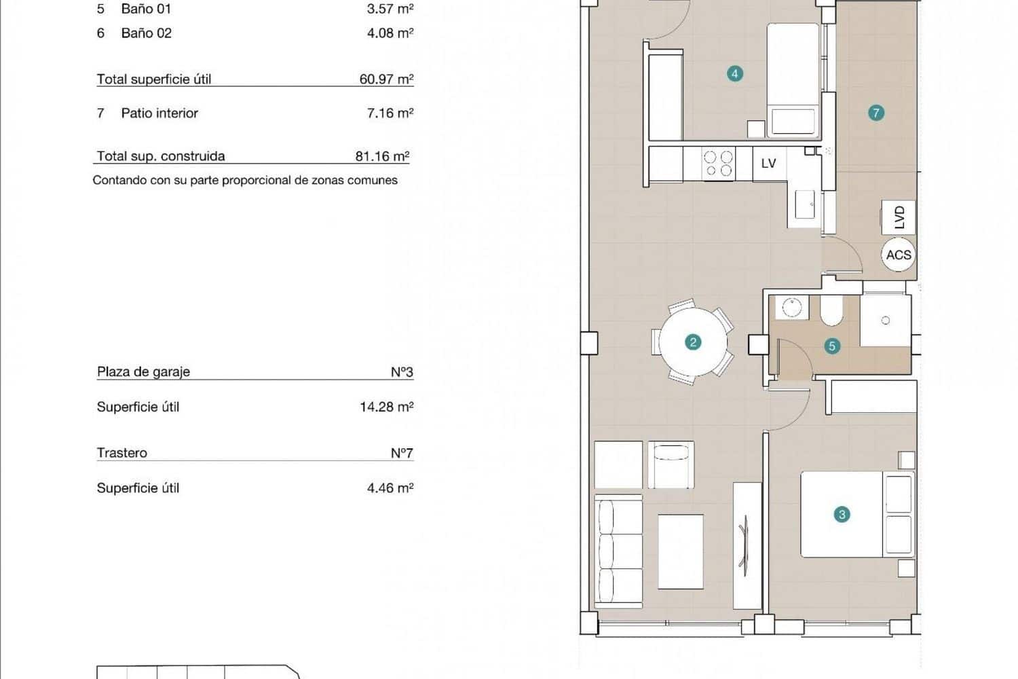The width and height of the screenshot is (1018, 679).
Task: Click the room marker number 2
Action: [x=693, y=342]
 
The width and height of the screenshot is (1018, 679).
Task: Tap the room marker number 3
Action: [x=842, y=515]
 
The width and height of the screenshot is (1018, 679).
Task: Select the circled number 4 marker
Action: [x=734, y=73]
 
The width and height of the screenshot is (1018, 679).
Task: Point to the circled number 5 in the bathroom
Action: [x=832, y=346]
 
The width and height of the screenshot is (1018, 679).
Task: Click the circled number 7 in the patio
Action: [x=876, y=113]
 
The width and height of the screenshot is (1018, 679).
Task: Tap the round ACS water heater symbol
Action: [x=899, y=255]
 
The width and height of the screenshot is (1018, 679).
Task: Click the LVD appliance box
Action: [x=899, y=217]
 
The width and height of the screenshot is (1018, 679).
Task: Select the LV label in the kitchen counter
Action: [x=768, y=164]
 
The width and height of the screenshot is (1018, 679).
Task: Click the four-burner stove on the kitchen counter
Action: [x=718, y=164]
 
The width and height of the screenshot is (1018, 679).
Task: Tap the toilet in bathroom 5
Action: [x=831, y=312]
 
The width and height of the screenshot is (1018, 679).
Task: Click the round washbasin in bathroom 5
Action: [x=791, y=308]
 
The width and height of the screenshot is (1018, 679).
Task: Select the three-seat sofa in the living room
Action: [x=618, y=552]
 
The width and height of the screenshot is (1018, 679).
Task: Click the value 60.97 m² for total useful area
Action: [x=386, y=79]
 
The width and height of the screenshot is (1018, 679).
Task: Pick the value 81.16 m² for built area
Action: [x=382, y=156]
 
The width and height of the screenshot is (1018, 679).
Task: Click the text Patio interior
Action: [x=159, y=113]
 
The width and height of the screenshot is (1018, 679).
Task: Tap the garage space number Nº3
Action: [x=402, y=372]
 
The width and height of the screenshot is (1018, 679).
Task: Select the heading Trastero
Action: [x=122, y=453]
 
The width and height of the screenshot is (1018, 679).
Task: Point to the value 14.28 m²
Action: [x=386, y=407]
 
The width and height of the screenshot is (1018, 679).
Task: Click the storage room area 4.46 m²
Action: [x=390, y=488]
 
